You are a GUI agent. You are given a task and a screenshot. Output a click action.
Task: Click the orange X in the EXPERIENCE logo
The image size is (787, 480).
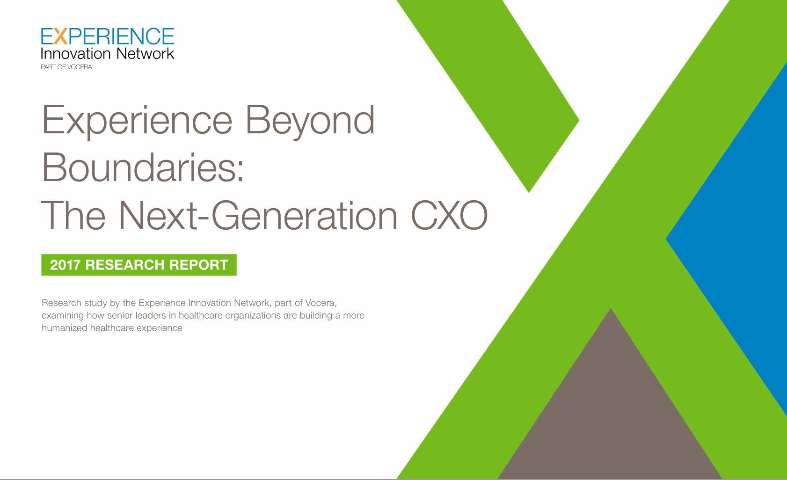point(61,36)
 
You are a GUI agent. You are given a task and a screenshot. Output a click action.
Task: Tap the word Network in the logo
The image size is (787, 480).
point(145,54)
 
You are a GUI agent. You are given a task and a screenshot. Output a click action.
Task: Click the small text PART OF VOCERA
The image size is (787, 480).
point(66,67)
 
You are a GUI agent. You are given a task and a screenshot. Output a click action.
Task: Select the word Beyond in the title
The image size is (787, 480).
point(310,121)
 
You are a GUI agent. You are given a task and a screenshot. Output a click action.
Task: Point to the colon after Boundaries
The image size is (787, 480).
point(240,172)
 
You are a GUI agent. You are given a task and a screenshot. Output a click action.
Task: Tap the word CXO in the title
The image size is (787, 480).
point(449,215)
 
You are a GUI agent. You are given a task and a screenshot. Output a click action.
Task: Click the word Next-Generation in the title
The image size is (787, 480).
point(258,215)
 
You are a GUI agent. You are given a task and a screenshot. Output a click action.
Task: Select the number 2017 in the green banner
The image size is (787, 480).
point(66,265)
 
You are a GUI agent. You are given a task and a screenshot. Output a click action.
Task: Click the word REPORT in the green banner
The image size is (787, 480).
point(198,265)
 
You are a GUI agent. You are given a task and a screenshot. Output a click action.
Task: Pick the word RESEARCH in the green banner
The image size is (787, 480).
point(125,265)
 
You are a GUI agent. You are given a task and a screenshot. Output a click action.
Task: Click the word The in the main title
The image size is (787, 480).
point(73,215)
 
